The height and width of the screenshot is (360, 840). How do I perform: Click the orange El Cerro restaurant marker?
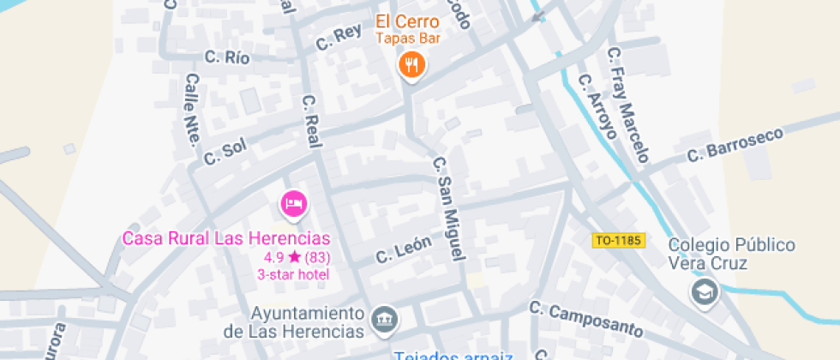(x=412, y=64)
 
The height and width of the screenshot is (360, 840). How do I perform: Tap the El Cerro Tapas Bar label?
(x=406, y=28)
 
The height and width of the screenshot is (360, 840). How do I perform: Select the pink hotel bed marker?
(x=294, y=204)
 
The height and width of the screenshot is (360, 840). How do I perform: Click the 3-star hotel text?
(x=294, y=274)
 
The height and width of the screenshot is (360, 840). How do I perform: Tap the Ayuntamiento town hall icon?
(x=387, y=319)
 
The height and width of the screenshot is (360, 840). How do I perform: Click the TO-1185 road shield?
(x=618, y=241)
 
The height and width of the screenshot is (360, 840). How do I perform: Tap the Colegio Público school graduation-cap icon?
(x=705, y=292)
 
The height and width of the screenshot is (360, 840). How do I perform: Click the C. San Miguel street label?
(x=448, y=208)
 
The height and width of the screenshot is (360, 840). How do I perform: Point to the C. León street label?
(x=403, y=249)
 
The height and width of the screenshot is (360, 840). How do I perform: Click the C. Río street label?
(x=227, y=57)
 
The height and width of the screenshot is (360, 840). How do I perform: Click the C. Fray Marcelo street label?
(x=628, y=105)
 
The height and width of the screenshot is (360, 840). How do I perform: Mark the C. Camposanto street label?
(x=585, y=320)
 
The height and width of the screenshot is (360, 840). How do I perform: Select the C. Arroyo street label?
(x=597, y=106)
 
